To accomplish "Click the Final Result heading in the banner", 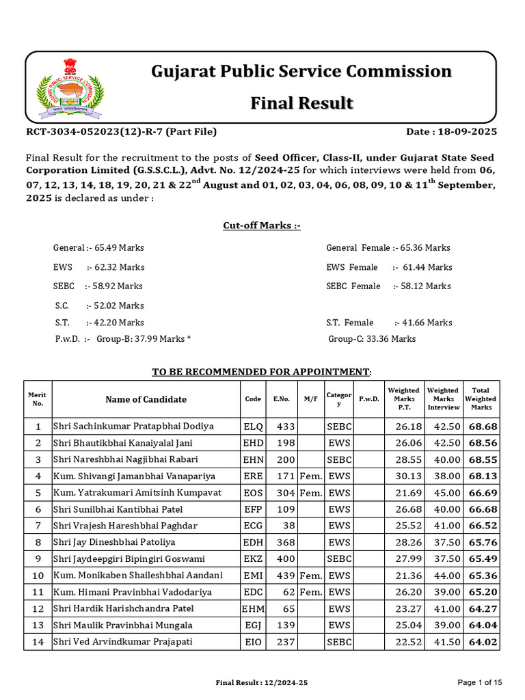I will tap(301, 103).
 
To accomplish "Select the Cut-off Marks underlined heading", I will tap(262, 226).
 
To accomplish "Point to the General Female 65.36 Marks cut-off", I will tap(388, 248).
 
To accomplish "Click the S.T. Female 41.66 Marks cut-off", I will tap(389, 323).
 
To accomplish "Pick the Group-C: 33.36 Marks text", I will tap(372, 339).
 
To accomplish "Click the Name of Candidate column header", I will tap(146, 399).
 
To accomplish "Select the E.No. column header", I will tap(282, 399).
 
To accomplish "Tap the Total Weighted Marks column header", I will tap(481, 399).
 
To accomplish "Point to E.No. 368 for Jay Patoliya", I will tap(286, 542).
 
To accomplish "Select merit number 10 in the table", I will tap(38, 576).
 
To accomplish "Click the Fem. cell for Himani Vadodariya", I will tap(311, 592).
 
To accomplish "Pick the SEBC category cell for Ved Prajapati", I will tap(339, 642).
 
